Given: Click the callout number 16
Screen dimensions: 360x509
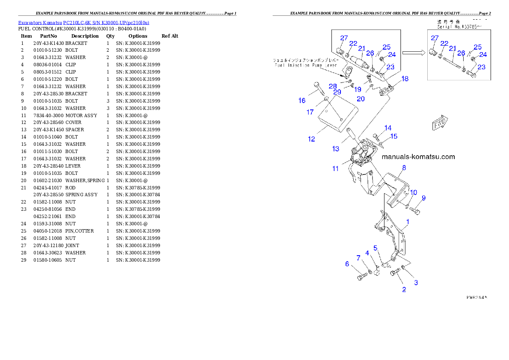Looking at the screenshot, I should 302,101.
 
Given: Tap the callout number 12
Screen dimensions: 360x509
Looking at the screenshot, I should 311,139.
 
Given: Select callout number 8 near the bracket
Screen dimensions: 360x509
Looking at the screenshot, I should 404,168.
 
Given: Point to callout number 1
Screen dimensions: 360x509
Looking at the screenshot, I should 408,222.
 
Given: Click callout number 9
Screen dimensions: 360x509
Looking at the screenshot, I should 423,198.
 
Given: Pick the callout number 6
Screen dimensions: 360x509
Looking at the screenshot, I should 347,264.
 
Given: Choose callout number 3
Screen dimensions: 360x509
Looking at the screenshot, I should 416,283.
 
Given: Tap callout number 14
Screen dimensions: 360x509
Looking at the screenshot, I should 388,128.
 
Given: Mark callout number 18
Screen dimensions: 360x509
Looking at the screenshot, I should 405,79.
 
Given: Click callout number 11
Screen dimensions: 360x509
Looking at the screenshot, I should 335,169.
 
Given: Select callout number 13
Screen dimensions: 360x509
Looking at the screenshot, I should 336,149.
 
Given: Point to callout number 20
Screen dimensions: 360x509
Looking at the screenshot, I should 361,99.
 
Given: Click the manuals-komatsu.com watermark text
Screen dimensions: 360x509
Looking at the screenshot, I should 418,157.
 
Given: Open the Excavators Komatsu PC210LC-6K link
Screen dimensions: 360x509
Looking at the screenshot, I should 83,23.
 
